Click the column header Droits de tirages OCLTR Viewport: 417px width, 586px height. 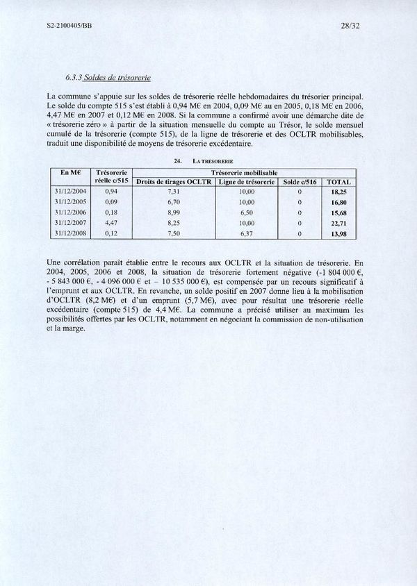click(174, 182)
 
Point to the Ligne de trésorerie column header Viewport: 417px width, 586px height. click(246, 182)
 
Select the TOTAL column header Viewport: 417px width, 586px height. click(338, 182)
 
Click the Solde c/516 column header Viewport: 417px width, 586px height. click(299, 182)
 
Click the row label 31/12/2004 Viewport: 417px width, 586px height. click(69, 190)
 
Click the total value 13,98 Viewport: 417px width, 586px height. click(338, 235)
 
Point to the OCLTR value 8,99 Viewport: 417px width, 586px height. click(174, 212)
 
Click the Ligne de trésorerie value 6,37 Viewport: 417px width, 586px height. click(247, 235)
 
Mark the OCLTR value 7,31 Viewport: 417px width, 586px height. click(174, 190)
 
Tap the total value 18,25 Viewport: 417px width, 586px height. click(338, 190)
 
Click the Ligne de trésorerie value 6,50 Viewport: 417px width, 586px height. click(247, 212)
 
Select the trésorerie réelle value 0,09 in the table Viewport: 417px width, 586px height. click(108, 201)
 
